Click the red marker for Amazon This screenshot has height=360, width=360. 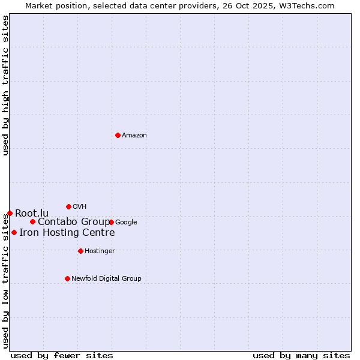pos(118,135)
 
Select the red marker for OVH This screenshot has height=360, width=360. pos(68,206)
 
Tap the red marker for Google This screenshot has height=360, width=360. pos(112,222)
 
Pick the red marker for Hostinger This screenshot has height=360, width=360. pos(80,251)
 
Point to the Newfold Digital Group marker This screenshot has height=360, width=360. pos(67,278)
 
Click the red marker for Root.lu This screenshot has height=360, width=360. pos(10,213)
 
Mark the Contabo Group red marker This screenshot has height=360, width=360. pos(32,221)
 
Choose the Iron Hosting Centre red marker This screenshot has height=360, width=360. pos(14,232)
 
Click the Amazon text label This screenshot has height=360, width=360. pos(134,136)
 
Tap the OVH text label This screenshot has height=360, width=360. pos(80,207)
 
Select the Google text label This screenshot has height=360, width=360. pos(126,223)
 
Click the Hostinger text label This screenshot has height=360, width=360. pos(100,251)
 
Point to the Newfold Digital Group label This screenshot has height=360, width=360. pos(106,279)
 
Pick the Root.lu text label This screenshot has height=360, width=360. pos(32,214)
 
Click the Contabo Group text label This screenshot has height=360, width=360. pos(74,222)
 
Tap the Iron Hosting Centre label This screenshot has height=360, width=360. pos(67,233)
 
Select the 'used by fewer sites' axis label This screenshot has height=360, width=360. pos(62,355)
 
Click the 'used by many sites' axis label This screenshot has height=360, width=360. pos(301,355)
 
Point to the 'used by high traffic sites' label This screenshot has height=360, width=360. pos(5,85)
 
